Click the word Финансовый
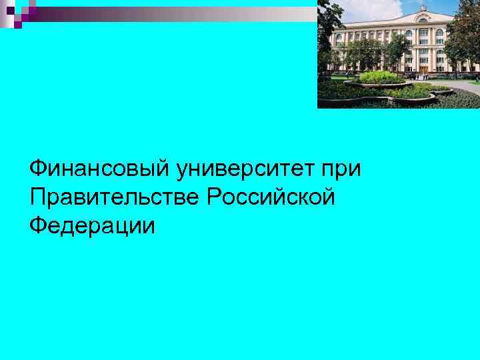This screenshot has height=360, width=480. tap(100, 168)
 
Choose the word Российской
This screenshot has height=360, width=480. tap(270, 197)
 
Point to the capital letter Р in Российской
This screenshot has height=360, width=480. tap(214, 197)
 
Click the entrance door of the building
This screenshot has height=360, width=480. tap(423, 67)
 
